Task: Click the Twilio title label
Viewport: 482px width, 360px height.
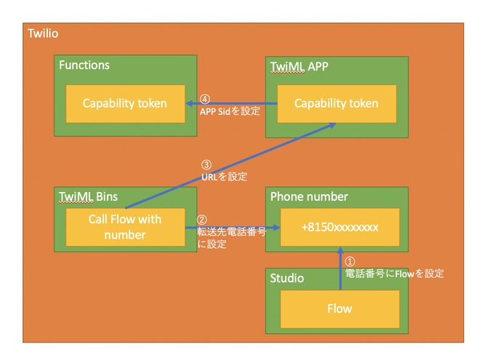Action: pyautogui.click(x=43, y=33)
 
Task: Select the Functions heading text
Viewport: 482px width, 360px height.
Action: pyautogui.click(x=84, y=65)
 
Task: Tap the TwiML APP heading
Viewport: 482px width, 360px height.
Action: pyautogui.click(x=299, y=67)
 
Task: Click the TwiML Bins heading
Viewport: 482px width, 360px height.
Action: pyautogui.click(x=88, y=197)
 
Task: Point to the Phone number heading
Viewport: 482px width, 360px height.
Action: pyautogui.click(x=309, y=197)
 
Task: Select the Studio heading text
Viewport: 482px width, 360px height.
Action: pyautogui.click(x=287, y=279)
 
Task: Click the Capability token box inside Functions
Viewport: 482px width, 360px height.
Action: pyautogui.click(x=126, y=104)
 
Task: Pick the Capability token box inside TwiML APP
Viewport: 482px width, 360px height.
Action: pyautogui.click(x=337, y=104)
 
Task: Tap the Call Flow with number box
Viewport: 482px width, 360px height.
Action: pyautogui.click(x=126, y=228)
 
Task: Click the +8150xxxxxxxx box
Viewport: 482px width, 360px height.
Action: pyautogui.click(x=340, y=228)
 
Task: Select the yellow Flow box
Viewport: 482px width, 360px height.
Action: pyautogui.click(x=340, y=309)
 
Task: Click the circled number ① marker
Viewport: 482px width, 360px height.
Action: pyautogui.click(x=350, y=262)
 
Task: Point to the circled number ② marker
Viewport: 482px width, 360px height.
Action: pyautogui.click(x=201, y=220)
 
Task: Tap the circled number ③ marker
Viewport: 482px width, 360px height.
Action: pyautogui.click(x=206, y=165)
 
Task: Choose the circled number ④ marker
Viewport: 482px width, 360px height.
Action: pyautogui.click(x=205, y=99)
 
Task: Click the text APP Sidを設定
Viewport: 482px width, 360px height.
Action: pyautogui.click(x=230, y=111)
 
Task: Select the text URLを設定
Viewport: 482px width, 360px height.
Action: pyautogui.click(x=225, y=177)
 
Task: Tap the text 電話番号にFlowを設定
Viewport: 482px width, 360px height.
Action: pyautogui.click(x=394, y=273)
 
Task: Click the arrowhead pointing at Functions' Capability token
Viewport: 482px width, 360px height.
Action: pyautogui.click(x=189, y=103)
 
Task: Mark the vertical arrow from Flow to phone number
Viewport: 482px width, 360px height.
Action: pyautogui.click(x=340, y=268)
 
